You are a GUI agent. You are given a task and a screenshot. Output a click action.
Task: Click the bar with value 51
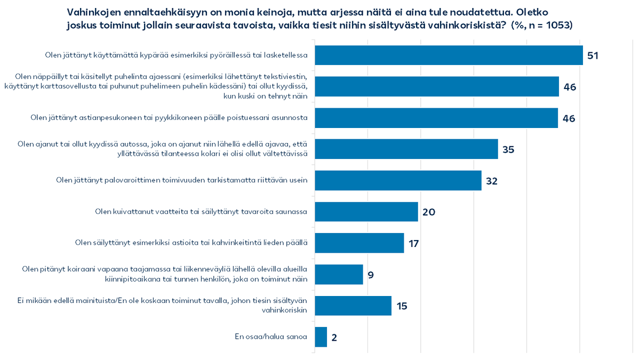point(448,55)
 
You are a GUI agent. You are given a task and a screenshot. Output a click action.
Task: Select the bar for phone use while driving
point(436,86)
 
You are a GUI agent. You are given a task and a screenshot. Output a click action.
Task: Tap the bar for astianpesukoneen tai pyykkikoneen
point(436,118)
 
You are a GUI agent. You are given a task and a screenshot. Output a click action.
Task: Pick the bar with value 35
point(406,149)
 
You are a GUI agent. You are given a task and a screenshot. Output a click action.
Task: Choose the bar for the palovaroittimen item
point(398,180)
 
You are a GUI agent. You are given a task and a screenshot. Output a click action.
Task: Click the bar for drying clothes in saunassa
point(366,212)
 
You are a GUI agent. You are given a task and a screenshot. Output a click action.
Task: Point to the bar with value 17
point(359,243)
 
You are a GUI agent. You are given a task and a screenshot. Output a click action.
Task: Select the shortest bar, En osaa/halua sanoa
point(321,337)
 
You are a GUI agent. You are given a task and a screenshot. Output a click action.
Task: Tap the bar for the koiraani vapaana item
point(339,274)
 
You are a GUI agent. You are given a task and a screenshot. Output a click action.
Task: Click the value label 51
point(594,55)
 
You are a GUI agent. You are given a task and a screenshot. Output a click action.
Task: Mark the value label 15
point(402,306)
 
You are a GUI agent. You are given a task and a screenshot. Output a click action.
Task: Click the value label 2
point(334,338)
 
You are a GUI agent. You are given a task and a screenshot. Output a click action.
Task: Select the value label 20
point(428,212)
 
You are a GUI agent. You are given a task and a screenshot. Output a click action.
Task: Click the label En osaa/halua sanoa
point(271,337)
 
